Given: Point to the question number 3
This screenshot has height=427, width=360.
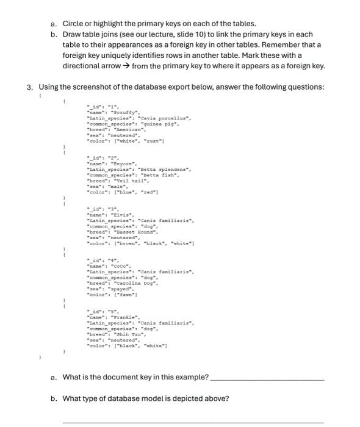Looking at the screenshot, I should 30,87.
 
